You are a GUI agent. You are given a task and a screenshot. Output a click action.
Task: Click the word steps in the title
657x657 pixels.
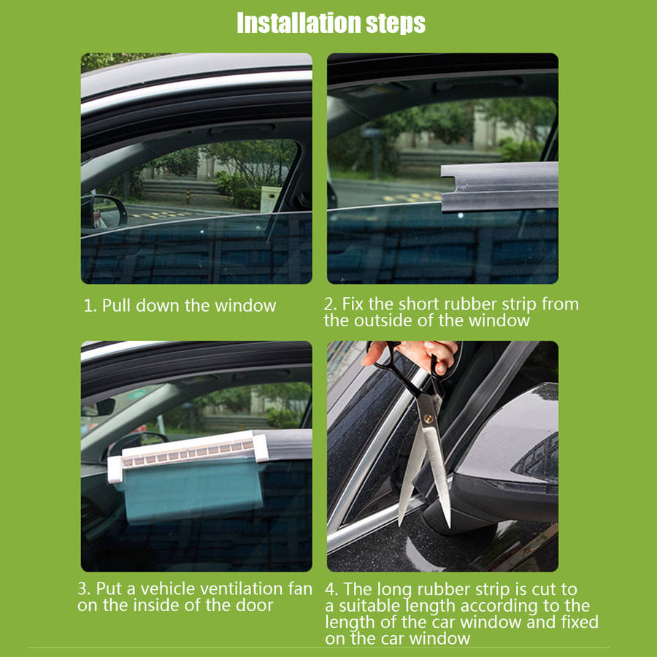[x=396, y=24]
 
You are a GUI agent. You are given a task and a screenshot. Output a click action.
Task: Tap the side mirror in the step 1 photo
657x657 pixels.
[x=104, y=212]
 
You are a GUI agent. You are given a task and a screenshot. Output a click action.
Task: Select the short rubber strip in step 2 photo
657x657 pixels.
[x=499, y=186]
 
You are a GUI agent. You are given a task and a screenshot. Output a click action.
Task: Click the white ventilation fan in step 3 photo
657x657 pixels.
[x=188, y=456]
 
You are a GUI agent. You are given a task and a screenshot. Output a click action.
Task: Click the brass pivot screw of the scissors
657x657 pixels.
[x=429, y=418]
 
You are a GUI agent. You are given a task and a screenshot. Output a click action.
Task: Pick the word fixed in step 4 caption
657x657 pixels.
[x=580, y=622]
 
